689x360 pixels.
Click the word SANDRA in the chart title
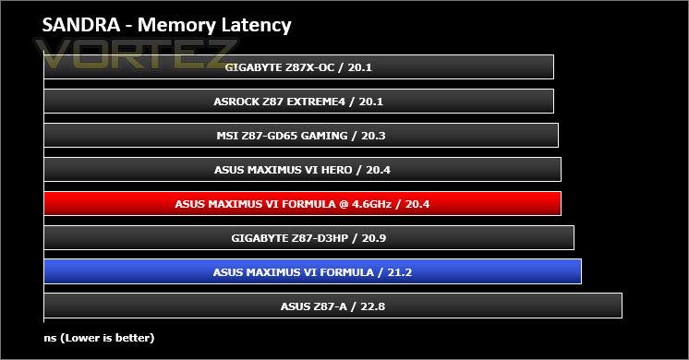81,25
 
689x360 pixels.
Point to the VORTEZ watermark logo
136,54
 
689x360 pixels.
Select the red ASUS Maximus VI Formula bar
302,204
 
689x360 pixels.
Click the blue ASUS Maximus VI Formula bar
312,271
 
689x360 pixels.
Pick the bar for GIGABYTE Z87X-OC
299,67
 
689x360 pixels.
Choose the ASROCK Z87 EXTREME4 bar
299,102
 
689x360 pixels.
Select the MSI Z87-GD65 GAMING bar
301,136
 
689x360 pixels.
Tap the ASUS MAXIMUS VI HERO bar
302,170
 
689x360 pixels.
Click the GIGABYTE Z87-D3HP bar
308,238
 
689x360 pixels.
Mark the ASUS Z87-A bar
333,306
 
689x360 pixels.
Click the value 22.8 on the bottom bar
372,306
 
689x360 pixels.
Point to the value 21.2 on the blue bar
399,272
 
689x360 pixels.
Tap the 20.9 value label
374,238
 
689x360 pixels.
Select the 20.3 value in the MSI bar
373,136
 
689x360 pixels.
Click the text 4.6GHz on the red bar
371,204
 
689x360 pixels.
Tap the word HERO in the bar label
336,170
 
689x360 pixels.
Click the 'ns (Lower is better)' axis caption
100,338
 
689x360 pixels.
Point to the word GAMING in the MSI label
325,136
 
